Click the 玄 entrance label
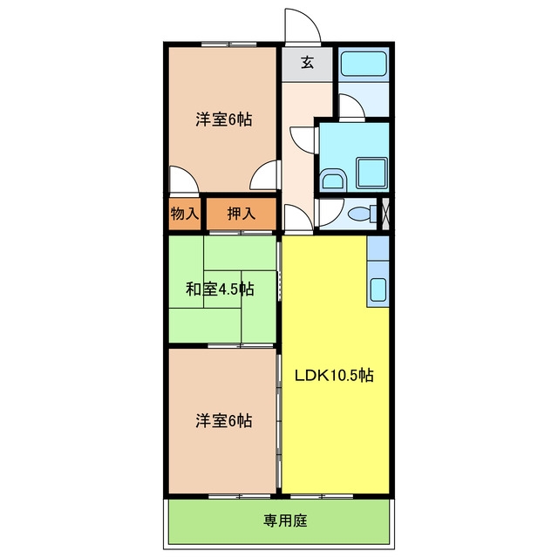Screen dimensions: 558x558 coord(308,63)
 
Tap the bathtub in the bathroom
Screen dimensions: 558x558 coord(364,64)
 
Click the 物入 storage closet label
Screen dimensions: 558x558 coord(184,214)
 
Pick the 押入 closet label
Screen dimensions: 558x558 coord(242,214)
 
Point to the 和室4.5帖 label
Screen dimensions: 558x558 coord(220,289)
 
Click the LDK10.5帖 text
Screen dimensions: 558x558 coord(334,376)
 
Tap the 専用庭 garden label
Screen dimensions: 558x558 coord(285,521)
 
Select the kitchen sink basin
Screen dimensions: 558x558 coord(378,289)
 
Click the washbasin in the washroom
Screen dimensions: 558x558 coord(333,180)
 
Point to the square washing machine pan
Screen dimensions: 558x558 coord(371,173)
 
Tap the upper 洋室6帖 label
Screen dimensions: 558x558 coord(224,119)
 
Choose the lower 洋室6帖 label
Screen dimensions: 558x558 coord(224,420)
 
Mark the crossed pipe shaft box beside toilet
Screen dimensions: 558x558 coord(385,214)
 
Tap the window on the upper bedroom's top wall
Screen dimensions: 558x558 coord(228,44)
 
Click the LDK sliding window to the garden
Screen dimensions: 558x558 coord(322,496)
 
